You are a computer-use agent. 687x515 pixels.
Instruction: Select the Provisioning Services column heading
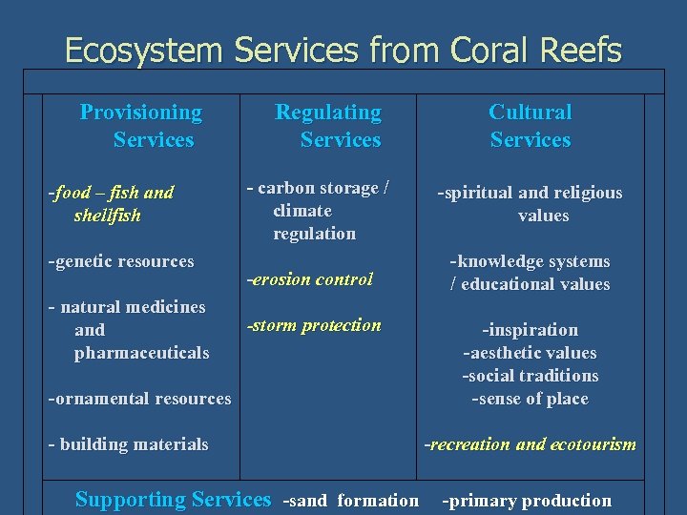click(x=141, y=126)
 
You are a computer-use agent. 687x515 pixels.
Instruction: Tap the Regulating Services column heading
click(x=329, y=126)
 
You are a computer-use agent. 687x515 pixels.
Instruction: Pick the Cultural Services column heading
click(x=530, y=126)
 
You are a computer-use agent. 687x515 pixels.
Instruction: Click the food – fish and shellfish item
click(x=112, y=204)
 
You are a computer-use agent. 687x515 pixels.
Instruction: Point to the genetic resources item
click(x=121, y=261)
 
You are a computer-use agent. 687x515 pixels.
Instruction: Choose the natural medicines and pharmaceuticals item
click(x=128, y=330)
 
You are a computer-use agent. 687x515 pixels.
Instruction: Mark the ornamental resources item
click(x=139, y=399)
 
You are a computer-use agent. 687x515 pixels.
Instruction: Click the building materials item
click(x=128, y=444)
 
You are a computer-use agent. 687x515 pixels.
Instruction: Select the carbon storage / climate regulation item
click(x=317, y=210)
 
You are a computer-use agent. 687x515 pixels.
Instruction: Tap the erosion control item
click(x=310, y=279)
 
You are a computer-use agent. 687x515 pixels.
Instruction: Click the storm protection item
click(x=314, y=325)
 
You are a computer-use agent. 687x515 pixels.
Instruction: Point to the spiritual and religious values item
click(x=531, y=204)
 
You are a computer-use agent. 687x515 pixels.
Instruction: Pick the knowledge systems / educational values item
click(x=530, y=273)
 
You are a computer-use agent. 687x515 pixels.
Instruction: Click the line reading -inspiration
click(x=530, y=330)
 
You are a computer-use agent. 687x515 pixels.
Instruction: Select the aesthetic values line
click(x=530, y=353)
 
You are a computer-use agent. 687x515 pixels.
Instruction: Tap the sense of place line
click(x=530, y=399)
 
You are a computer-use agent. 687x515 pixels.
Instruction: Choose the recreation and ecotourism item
click(x=531, y=444)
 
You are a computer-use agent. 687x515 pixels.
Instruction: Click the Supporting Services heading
click(x=173, y=500)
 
